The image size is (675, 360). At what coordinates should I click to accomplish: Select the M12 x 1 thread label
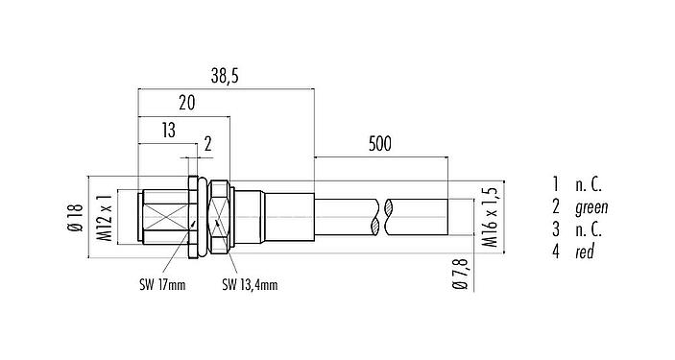tap(106, 218)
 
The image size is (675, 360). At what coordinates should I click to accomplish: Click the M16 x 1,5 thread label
tap(490, 218)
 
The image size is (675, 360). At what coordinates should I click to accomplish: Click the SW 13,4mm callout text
tap(250, 284)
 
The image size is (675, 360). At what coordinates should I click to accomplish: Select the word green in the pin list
tap(591, 206)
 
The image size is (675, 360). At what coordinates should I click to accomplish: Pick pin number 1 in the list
tap(555, 183)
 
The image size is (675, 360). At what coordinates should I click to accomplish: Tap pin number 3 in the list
tap(555, 229)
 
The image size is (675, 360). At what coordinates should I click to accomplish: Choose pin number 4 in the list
tap(555, 252)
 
